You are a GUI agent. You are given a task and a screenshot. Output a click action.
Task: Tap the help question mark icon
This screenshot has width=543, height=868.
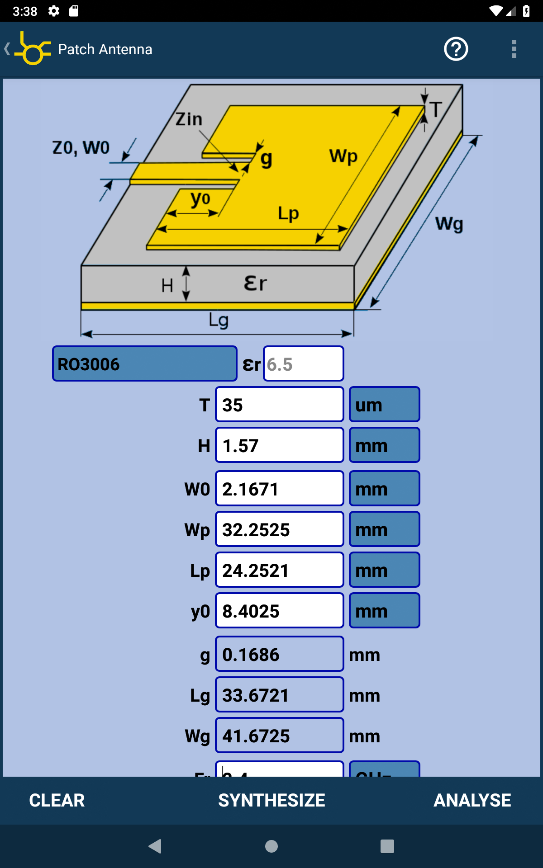(456, 49)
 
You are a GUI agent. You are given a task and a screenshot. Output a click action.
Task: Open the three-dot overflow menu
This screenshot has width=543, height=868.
(514, 49)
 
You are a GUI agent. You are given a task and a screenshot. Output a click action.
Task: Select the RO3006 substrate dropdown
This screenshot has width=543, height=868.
(144, 364)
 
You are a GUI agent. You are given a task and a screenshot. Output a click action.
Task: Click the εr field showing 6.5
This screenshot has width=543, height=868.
(303, 364)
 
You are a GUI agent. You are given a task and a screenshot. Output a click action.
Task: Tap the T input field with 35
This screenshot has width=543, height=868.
(279, 405)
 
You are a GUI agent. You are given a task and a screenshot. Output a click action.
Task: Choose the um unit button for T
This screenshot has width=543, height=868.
(384, 405)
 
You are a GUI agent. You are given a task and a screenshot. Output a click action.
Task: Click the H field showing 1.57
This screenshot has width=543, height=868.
(279, 445)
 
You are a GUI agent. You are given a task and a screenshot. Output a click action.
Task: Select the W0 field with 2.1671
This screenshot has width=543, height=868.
(279, 489)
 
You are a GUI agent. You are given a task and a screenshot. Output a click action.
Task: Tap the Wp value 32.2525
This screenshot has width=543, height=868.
(279, 529)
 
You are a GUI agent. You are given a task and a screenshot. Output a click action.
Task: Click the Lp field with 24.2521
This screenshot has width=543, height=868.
(279, 570)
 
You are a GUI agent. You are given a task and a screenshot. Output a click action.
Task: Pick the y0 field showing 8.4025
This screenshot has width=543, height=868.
(279, 611)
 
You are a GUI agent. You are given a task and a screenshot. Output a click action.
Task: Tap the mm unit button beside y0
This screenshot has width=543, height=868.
(384, 611)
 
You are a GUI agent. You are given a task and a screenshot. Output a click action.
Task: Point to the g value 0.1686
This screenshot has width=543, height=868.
(279, 654)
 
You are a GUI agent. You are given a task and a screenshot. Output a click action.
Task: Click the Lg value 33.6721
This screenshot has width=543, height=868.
(279, 695)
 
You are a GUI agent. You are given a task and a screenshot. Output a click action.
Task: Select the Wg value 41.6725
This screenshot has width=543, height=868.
(279, 736)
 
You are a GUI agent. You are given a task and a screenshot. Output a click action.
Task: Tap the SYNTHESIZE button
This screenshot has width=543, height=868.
(271, 800)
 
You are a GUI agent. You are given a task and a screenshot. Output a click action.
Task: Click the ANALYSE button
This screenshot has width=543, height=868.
(472, 800)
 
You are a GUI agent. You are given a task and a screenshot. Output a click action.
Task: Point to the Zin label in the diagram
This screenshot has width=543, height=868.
(189, 119)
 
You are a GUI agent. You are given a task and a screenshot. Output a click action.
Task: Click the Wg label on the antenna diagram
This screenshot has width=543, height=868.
(449, 224)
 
